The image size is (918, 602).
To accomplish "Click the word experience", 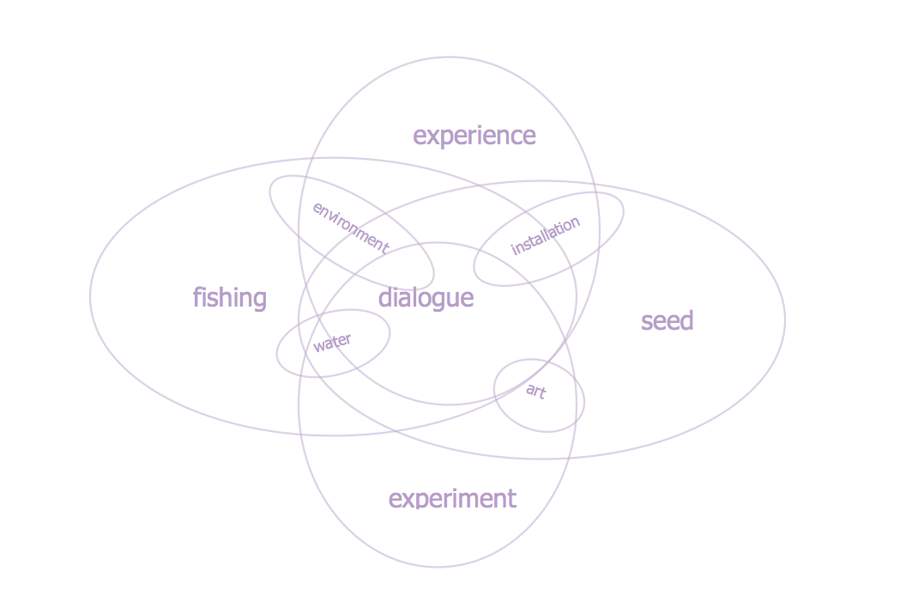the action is [x=474, y=136].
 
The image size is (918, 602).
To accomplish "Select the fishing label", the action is [x=230, y=297].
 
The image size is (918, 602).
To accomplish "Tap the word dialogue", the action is [x=426, y=297].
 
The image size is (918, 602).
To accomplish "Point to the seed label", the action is [x=667, y=320].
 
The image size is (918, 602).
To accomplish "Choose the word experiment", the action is [x=452, y=500].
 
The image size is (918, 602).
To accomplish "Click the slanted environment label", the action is [x=351, y=228].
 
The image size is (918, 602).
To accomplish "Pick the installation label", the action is [x=546, y=235].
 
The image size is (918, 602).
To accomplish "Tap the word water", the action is [x=332, y=343].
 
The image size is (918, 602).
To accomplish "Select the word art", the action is [x=536, y=391].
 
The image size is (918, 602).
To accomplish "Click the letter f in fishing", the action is [x=197, y=296].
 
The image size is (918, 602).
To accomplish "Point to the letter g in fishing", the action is [x=259, y=301].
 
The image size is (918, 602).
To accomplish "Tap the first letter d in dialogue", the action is [x=385, y=297].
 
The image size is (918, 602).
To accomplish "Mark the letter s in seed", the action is [x=646, y=323].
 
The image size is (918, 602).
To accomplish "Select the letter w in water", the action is [x=319, y=346].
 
